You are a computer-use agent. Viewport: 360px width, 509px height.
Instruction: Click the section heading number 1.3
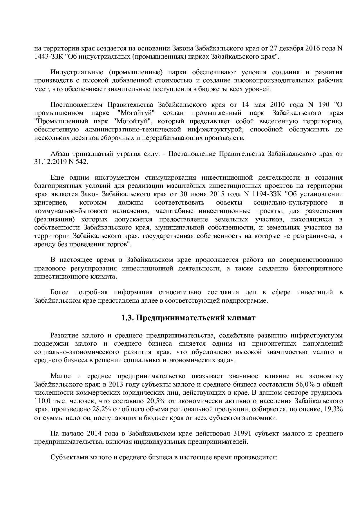pos(127,318)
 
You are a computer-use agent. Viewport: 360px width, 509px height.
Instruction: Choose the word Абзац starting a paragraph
pos(60,154)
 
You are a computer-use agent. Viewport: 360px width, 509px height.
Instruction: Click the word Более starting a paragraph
pos(59,292)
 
